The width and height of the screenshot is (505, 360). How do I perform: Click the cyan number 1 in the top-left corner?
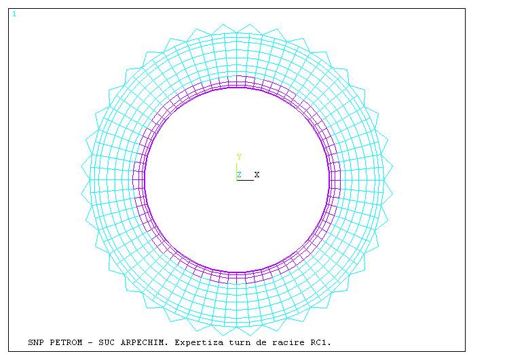pos(14,14)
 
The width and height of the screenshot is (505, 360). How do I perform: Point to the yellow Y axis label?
pos(239,157)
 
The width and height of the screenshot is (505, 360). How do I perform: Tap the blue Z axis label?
pos(240,175)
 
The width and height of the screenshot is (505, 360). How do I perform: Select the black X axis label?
pos(257,175)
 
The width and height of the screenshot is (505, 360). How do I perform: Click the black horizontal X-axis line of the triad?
pos(246,180)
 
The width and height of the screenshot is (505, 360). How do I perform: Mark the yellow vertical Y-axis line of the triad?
pos(237,171)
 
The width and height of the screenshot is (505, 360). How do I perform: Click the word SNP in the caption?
pos(35,342)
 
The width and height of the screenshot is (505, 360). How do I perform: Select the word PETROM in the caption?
pos(66,342)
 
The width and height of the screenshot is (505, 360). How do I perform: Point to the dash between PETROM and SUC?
pos(90,342)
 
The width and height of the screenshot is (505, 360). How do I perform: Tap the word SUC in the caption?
pos(107,342)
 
